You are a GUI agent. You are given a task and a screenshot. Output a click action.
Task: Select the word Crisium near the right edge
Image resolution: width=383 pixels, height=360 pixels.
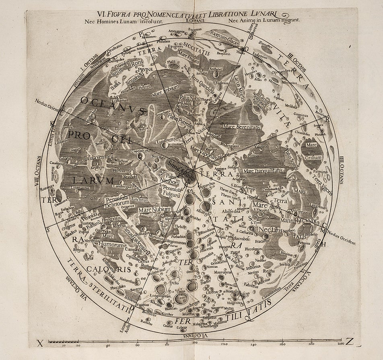(x=313, y=157)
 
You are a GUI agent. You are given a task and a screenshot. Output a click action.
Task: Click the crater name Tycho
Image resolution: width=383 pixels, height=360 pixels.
(x=174, y=283)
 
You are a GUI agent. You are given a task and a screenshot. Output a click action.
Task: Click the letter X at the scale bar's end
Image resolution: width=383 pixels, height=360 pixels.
(x=40, y=343)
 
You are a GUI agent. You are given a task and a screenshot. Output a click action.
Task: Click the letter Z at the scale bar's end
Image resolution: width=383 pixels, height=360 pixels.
(x=349, y=343)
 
